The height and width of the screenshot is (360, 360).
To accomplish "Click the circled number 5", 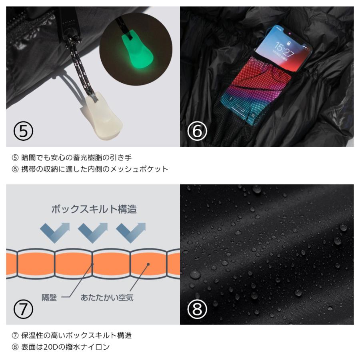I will [x=23, y=131].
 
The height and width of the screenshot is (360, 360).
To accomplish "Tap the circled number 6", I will [x=197, y=131].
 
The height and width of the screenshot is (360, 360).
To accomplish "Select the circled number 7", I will [x=23, y=309].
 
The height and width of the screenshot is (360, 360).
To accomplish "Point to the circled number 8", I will [x=197, y=309].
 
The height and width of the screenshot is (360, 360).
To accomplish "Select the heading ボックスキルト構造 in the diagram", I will [x=94, y=209].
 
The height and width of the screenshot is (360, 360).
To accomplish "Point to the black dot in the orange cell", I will [x=148, y=264].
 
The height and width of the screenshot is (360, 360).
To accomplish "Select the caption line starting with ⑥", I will [x=90, y=169].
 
